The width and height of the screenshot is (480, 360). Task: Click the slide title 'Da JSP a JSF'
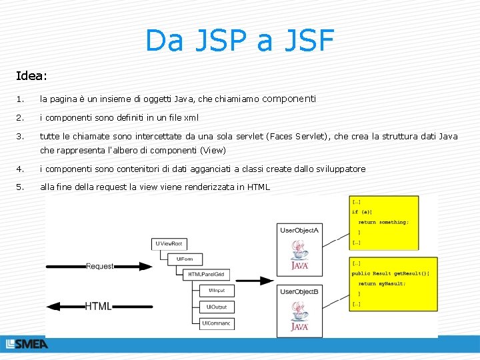pos(239,41)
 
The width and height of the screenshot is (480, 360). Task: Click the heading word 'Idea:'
pos(33,77)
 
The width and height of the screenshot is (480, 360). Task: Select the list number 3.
pos(20,136)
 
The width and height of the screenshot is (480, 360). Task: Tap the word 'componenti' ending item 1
pos(289,99)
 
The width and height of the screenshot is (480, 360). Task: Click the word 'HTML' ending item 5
pos(258,187)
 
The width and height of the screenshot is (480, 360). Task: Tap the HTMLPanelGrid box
pos(206,275)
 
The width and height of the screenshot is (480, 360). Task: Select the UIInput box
pos(216,291)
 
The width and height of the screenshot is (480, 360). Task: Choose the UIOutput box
pos(216,307)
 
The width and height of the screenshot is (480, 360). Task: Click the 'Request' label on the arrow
pos(100,266)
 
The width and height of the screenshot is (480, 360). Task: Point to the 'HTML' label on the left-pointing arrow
pos(99,306)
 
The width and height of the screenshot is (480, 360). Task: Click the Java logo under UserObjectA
pos(299,255)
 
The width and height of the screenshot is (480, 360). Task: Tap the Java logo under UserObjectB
pos(299,315)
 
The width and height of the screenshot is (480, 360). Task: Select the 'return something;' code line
pos(383,222)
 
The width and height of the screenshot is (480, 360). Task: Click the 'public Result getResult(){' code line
pos(391,273)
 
